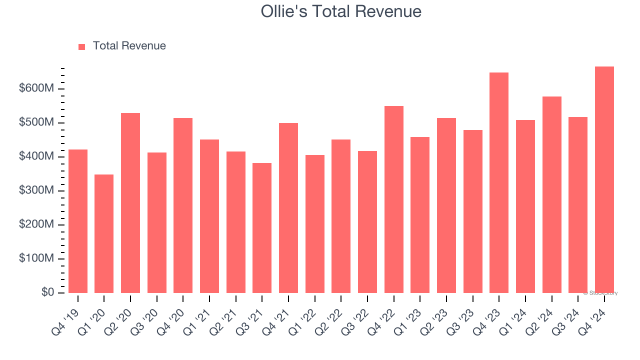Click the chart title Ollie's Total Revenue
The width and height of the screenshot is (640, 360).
[x=341, y=11]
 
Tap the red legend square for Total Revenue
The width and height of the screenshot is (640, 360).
[x=82, y=46]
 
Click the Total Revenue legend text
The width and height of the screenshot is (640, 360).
[x=129, y=46]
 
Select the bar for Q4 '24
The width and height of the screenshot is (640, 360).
[x=604, y=180]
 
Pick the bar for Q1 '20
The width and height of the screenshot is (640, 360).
[x=104, y=233]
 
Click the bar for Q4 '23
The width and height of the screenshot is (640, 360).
[x=499, y=183]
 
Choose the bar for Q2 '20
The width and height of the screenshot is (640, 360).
[x=130, y=203]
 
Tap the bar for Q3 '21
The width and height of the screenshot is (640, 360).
[x=262, y=228]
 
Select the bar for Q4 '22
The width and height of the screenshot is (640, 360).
[x=393, y=199]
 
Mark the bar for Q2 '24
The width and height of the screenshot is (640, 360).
[x=551, y=194]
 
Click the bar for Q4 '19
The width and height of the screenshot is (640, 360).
[x=78, y=221]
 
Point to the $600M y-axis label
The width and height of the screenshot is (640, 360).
[x=36, y=88]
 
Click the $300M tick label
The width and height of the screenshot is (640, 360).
[x=36, y=190]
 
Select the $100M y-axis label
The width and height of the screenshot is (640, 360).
[x=36, y=258]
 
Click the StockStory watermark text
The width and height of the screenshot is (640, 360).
[x=600, y=293]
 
